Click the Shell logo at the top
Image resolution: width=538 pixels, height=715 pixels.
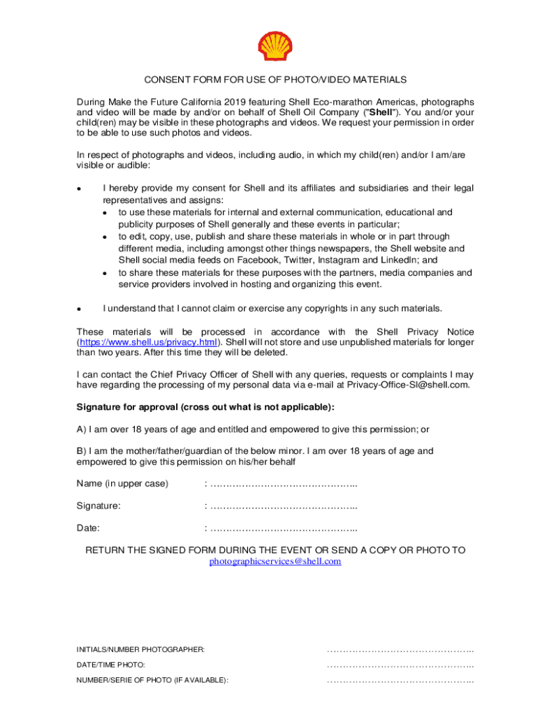275,46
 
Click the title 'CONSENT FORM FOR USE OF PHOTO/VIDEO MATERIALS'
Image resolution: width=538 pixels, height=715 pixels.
275,80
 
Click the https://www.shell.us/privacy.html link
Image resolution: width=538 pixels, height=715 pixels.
148,342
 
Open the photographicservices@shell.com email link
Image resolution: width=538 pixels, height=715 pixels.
275,561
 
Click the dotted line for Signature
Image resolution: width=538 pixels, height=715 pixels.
284,506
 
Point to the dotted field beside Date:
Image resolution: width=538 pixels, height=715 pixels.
284,528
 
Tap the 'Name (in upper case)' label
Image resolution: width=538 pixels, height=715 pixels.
122,484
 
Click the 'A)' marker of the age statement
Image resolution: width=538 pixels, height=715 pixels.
81,429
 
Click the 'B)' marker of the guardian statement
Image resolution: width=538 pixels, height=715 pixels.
81,451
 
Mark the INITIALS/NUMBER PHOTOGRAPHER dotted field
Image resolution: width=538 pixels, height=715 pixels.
400,650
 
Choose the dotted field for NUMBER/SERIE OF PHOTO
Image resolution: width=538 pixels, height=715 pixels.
400,680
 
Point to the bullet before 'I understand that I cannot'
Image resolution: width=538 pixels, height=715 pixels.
80,309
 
